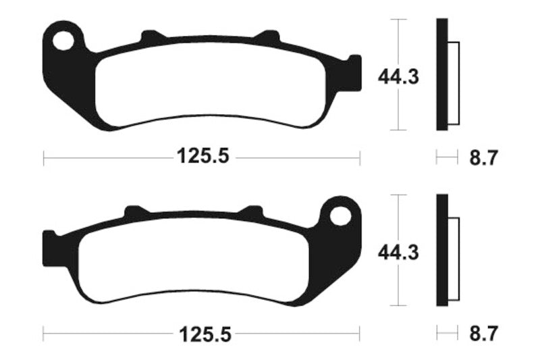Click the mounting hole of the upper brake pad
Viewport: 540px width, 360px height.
[x=63, y=41]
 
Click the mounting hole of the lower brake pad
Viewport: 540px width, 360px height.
[x=340, y=216]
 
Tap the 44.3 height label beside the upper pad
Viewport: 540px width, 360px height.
[x=398, y=76]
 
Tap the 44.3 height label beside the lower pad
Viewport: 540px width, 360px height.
[x=398, y=253]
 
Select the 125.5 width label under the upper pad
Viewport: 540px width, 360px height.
[x=203, y=156]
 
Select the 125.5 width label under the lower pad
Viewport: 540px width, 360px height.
[x=205, y=334]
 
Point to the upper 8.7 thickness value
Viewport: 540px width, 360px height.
[x=483, y=158]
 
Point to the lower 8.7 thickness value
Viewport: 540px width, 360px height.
[x=483, y=334]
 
